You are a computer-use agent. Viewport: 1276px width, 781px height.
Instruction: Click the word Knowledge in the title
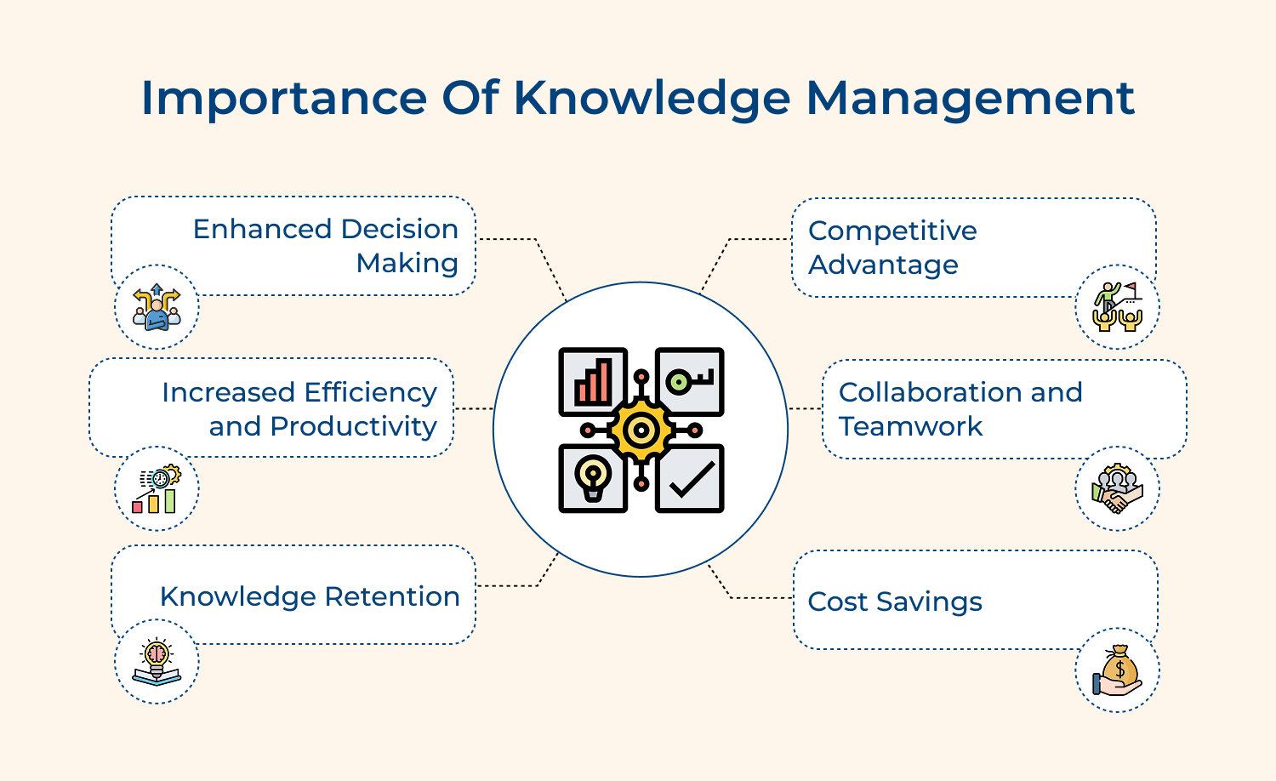(x=652, y=99)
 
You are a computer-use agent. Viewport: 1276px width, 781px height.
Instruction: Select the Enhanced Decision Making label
(x=326, y=246)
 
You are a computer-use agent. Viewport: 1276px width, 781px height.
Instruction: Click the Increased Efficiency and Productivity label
(x=299, y=409)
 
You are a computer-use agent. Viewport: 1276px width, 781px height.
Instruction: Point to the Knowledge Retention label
(x=310, y=596)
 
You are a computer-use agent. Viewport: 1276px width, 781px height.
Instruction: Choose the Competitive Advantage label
(x=892, y=248)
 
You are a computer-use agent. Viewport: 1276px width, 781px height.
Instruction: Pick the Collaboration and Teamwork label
(x=960, y=409)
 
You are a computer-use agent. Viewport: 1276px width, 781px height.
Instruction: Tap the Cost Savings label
(x=895, y=601)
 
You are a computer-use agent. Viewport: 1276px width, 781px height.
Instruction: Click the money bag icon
(x=1118, y=670)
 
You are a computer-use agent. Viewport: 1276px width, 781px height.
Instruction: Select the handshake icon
(x=1118, y=489)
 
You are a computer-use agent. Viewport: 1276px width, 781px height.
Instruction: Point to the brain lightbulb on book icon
(x=157, y=662)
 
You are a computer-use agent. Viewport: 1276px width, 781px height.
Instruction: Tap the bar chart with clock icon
(x=157, y=489)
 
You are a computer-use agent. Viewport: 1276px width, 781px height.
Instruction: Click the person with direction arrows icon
(x=157, y=307)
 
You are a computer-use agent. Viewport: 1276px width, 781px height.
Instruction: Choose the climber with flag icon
(x=1118, y=307)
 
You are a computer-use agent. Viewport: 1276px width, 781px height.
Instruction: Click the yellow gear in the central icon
(x=641, y=430)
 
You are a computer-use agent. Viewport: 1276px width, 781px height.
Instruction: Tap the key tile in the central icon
(x=690, y=381)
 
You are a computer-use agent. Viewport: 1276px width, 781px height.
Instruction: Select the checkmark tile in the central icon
(x=690, y=479)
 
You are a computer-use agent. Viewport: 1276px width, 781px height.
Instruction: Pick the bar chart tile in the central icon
(x=593, y=381)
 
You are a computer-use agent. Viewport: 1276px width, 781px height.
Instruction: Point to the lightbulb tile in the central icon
(x=593, y=479)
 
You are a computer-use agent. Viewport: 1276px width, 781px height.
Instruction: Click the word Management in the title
(x=970, y=99)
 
